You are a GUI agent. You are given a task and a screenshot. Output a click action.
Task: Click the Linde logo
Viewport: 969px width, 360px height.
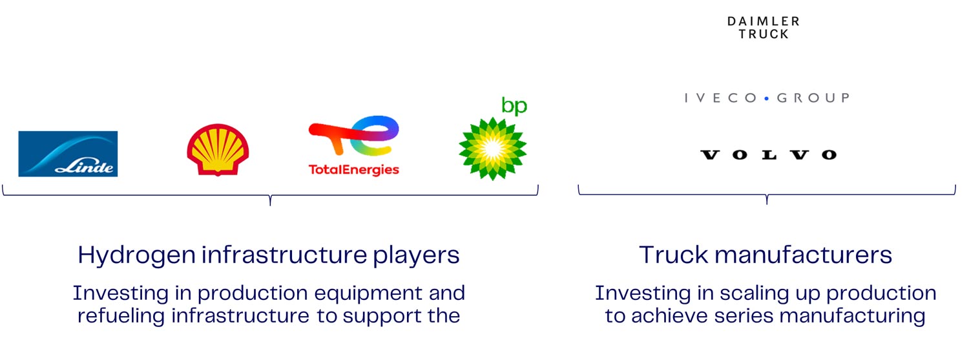click(x=68, y=154)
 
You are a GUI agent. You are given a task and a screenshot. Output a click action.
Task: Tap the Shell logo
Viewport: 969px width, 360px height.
click(x=218, y=150)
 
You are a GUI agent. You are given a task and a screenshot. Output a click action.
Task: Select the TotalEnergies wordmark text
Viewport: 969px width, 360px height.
click(x=354, y=169)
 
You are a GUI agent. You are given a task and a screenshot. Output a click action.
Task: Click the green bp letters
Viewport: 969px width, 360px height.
click(x=514, y=106)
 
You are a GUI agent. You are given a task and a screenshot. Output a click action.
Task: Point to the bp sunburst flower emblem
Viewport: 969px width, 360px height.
click(x=492, y=149)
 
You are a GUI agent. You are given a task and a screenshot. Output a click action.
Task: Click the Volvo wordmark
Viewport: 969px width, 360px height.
click(x=769, y=154)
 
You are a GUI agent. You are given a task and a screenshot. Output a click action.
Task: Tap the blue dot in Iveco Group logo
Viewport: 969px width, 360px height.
click(x=767, y=99)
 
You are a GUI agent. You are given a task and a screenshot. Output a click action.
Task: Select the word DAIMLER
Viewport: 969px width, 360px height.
click(x=764, y=21)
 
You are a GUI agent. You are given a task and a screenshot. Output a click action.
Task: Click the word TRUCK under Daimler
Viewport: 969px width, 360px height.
click(x=764, y=34)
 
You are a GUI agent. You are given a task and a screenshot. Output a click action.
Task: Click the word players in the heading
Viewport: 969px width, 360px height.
click(x=416, y=255)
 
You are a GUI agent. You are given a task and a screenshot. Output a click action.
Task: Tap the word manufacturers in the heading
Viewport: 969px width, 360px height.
click(x=804, y=255)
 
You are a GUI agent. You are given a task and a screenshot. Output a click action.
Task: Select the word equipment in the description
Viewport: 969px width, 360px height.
click(x=368, y=294)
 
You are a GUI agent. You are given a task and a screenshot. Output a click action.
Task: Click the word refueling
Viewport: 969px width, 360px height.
click(x=121, y=316)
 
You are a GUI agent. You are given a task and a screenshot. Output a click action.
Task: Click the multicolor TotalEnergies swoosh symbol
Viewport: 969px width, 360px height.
click(x=354, y=135)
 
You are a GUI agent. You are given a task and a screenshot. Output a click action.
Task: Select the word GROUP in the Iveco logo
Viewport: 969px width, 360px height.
click(x=813, y=98)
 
